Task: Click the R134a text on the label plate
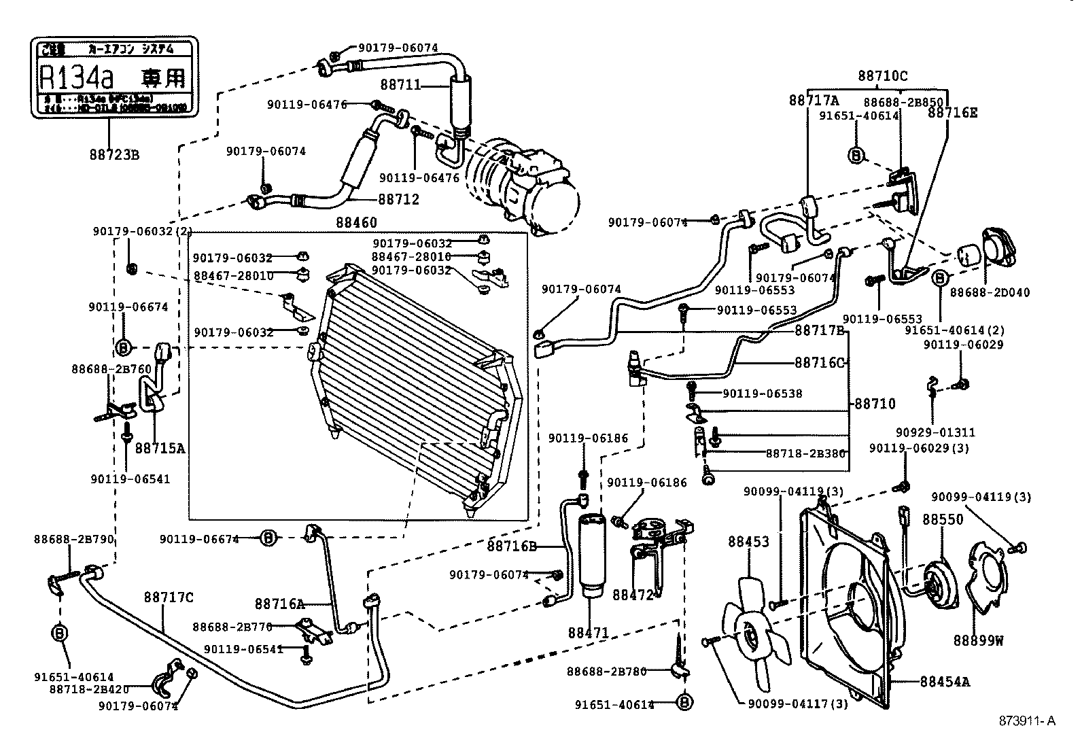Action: (x=75, y=77)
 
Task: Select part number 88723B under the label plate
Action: (x=114, y=154)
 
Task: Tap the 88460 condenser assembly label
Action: (x=356, y=222)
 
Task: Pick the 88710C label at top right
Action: (x=882, y=76)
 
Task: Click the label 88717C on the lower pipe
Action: (x=168, y=597)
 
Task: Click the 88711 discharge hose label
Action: (x=400, y=85)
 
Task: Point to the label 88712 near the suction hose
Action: (x=399, y=199)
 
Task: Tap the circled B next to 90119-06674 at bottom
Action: (x=268, y=538)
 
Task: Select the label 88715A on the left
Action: (x=160, y=448)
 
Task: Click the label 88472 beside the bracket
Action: (x=632, y=595)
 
